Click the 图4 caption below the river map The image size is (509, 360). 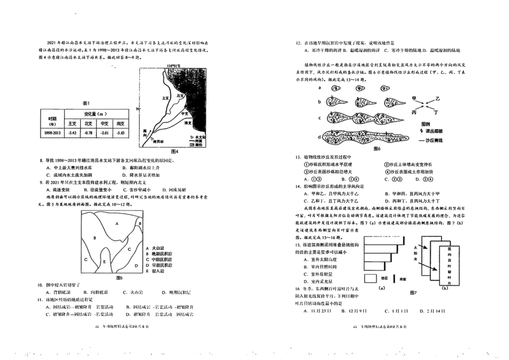[173, 151]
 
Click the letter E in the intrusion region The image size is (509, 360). [104, 261]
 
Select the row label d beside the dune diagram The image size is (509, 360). [320, 138]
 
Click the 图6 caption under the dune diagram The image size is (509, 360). [376, 148]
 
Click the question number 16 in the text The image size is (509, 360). [299, 288]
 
